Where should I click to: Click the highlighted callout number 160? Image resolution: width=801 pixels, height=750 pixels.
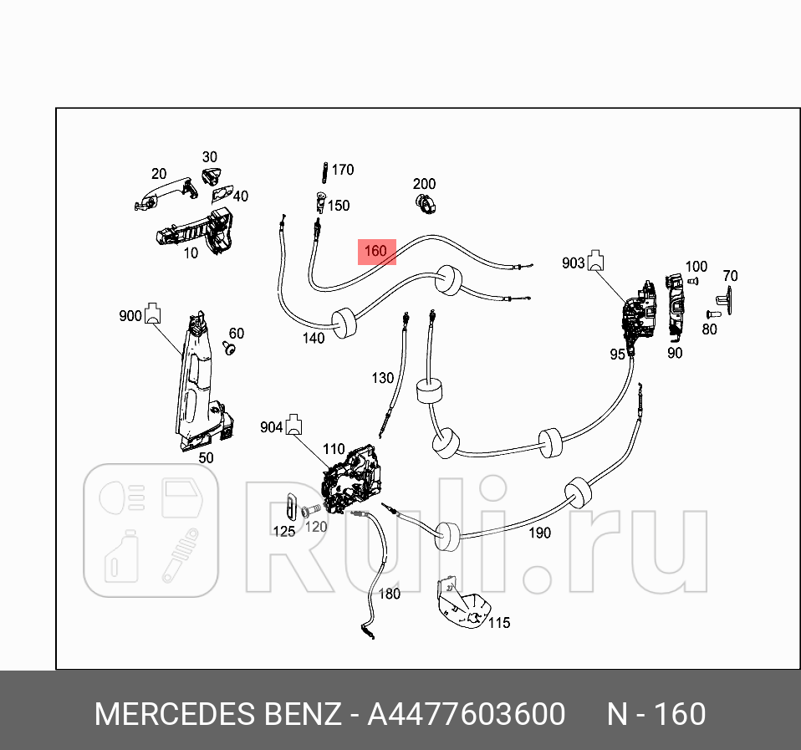(x=376, y=251)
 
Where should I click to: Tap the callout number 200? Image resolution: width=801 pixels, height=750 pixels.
(x=424, y=184)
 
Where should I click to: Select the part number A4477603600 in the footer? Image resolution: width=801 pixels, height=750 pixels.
(x=467, y=715)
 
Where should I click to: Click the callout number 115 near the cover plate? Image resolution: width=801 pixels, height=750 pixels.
(x=498, y=623)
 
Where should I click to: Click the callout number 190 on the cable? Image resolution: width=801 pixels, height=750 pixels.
(x=539, y=533)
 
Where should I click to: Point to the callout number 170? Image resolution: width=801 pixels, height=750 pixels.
(x=343, y=170)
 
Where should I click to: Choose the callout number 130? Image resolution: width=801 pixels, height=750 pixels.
(x=382, y=378)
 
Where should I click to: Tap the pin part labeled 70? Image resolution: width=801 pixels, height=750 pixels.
(x=724, y=298)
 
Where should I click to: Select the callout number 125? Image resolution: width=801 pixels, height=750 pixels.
(x=284, y=531)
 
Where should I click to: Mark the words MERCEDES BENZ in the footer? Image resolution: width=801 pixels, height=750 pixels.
(x=217, y=715)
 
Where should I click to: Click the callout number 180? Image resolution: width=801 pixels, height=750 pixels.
(x=390, y=594)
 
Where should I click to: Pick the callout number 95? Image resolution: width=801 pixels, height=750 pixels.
(x=617, y=355)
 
